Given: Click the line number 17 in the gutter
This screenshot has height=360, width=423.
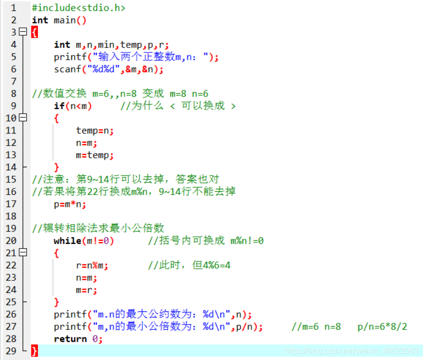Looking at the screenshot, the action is (11, 204).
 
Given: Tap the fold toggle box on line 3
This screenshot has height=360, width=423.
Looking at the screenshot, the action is (23, 32).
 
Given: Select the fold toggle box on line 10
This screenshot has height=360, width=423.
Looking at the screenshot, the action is (23, 118).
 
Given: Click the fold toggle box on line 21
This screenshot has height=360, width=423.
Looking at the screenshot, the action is (23, 253).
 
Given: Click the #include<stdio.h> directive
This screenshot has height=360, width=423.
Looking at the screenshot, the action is (78, 8).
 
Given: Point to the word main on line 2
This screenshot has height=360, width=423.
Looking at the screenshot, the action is (65, 20).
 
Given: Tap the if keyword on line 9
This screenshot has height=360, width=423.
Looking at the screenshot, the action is (59, 106).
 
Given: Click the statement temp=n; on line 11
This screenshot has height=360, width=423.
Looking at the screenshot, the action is (95, 130).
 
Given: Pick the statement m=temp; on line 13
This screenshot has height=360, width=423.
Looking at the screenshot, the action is (95, 155).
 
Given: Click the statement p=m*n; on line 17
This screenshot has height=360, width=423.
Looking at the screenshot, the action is (70, 204).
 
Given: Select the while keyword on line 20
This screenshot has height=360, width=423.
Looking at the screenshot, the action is (67, 241).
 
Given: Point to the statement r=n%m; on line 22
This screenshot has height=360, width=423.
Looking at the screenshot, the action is (92, 265).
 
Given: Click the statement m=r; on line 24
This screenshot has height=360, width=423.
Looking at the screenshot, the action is (86, 290).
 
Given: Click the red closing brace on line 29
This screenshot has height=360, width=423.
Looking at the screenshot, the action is (34, 351).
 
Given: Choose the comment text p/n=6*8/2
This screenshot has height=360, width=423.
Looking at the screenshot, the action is (383, 327).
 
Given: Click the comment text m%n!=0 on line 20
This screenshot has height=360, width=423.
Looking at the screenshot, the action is (247, 241).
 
